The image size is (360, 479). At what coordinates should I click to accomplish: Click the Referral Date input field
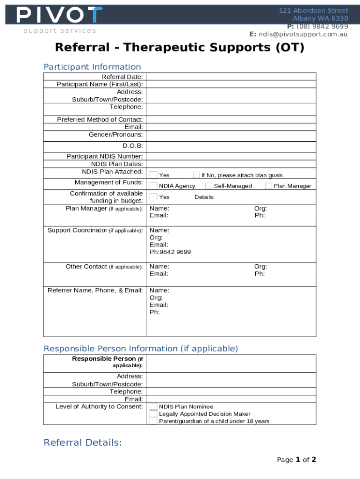[231, 77]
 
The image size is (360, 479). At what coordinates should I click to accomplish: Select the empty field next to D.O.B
[231, 146]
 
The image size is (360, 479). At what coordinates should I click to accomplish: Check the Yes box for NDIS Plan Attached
[153, 175]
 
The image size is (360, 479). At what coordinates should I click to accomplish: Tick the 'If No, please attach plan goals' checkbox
[196, 175]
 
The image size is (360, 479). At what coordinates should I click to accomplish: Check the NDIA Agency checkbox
[153, 186]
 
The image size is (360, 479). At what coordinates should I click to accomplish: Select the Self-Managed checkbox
[209, 186]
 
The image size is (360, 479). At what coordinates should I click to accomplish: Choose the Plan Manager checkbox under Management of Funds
[268, 186]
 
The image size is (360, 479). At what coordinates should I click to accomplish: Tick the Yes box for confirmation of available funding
[153, 197]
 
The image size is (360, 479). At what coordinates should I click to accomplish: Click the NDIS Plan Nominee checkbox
[153, 407]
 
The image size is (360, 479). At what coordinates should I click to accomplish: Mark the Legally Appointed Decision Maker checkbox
[153, 414]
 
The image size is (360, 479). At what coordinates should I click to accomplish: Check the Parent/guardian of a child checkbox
[153, 421]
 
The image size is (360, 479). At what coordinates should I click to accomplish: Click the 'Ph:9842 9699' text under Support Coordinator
[170, 252]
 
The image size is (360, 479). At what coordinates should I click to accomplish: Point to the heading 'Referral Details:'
[83, 443]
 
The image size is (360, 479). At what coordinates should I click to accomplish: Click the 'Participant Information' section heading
[92, 67]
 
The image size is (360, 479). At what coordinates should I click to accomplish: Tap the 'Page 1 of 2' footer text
[296, 460]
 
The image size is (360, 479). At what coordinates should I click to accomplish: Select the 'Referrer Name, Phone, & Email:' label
[95, 290]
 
